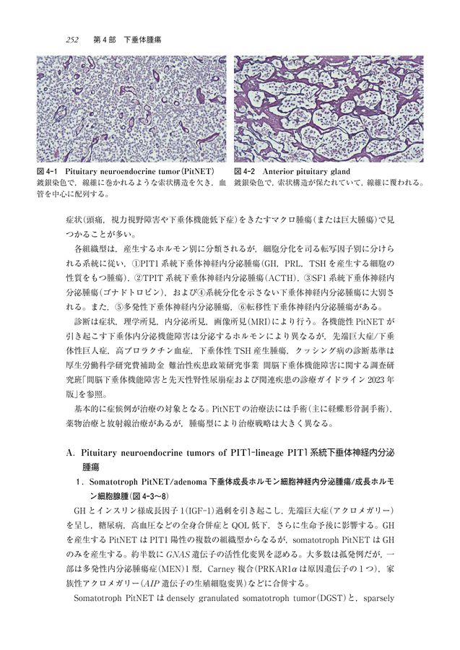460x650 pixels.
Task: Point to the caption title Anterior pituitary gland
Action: (x=308, y=172)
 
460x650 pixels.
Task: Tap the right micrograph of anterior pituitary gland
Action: (x=329, y=109)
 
